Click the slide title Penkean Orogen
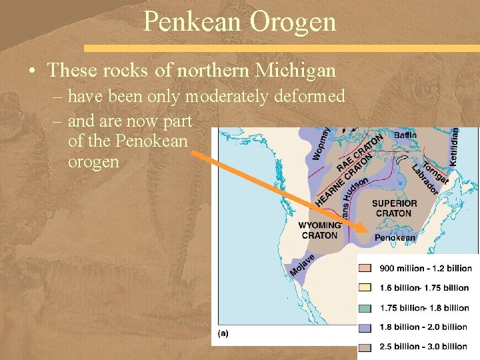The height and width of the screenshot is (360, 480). point(239,21)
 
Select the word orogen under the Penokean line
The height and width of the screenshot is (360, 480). point(93,162)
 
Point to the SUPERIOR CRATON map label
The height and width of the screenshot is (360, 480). point(395,208)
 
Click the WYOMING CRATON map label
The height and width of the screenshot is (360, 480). point(319,230)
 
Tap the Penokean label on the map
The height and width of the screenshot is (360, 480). point(395,237)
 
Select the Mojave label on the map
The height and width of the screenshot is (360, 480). point(302,265)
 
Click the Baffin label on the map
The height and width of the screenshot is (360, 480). point(405,135)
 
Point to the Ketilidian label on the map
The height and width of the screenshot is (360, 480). point(455,147)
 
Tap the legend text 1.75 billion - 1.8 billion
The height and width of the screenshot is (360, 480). point(424,307)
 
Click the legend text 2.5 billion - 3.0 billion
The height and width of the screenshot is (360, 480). point(424,346)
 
